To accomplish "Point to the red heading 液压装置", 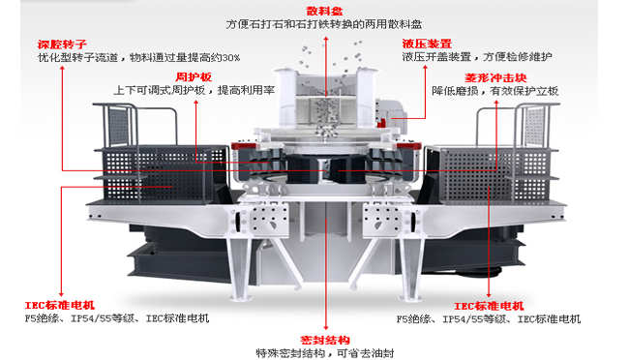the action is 427,44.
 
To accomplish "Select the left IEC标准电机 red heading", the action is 58,306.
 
